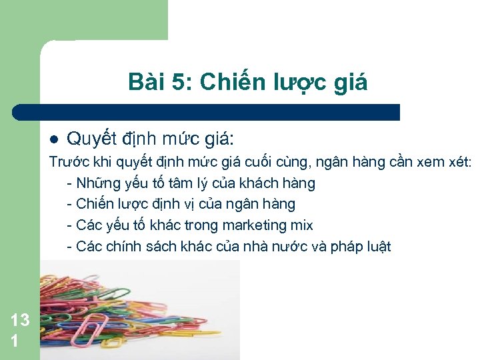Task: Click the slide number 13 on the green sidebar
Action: pyautogui.click(x=20, y=319)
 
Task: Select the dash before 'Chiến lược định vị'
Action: pyautogui.click(x=70, y=204)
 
